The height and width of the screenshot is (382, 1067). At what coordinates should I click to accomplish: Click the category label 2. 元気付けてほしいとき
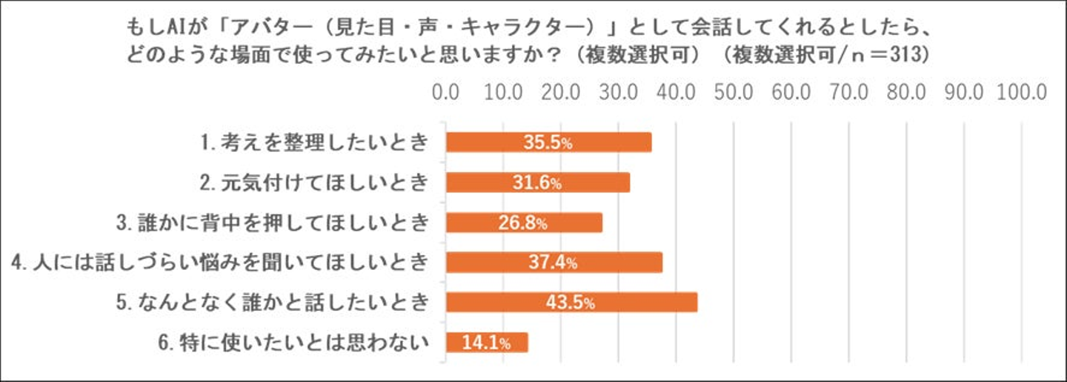point(315,182)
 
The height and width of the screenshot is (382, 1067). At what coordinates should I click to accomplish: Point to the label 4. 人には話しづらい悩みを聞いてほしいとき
point(221,263)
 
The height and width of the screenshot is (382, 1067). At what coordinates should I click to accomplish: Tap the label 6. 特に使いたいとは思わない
point(294,343)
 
